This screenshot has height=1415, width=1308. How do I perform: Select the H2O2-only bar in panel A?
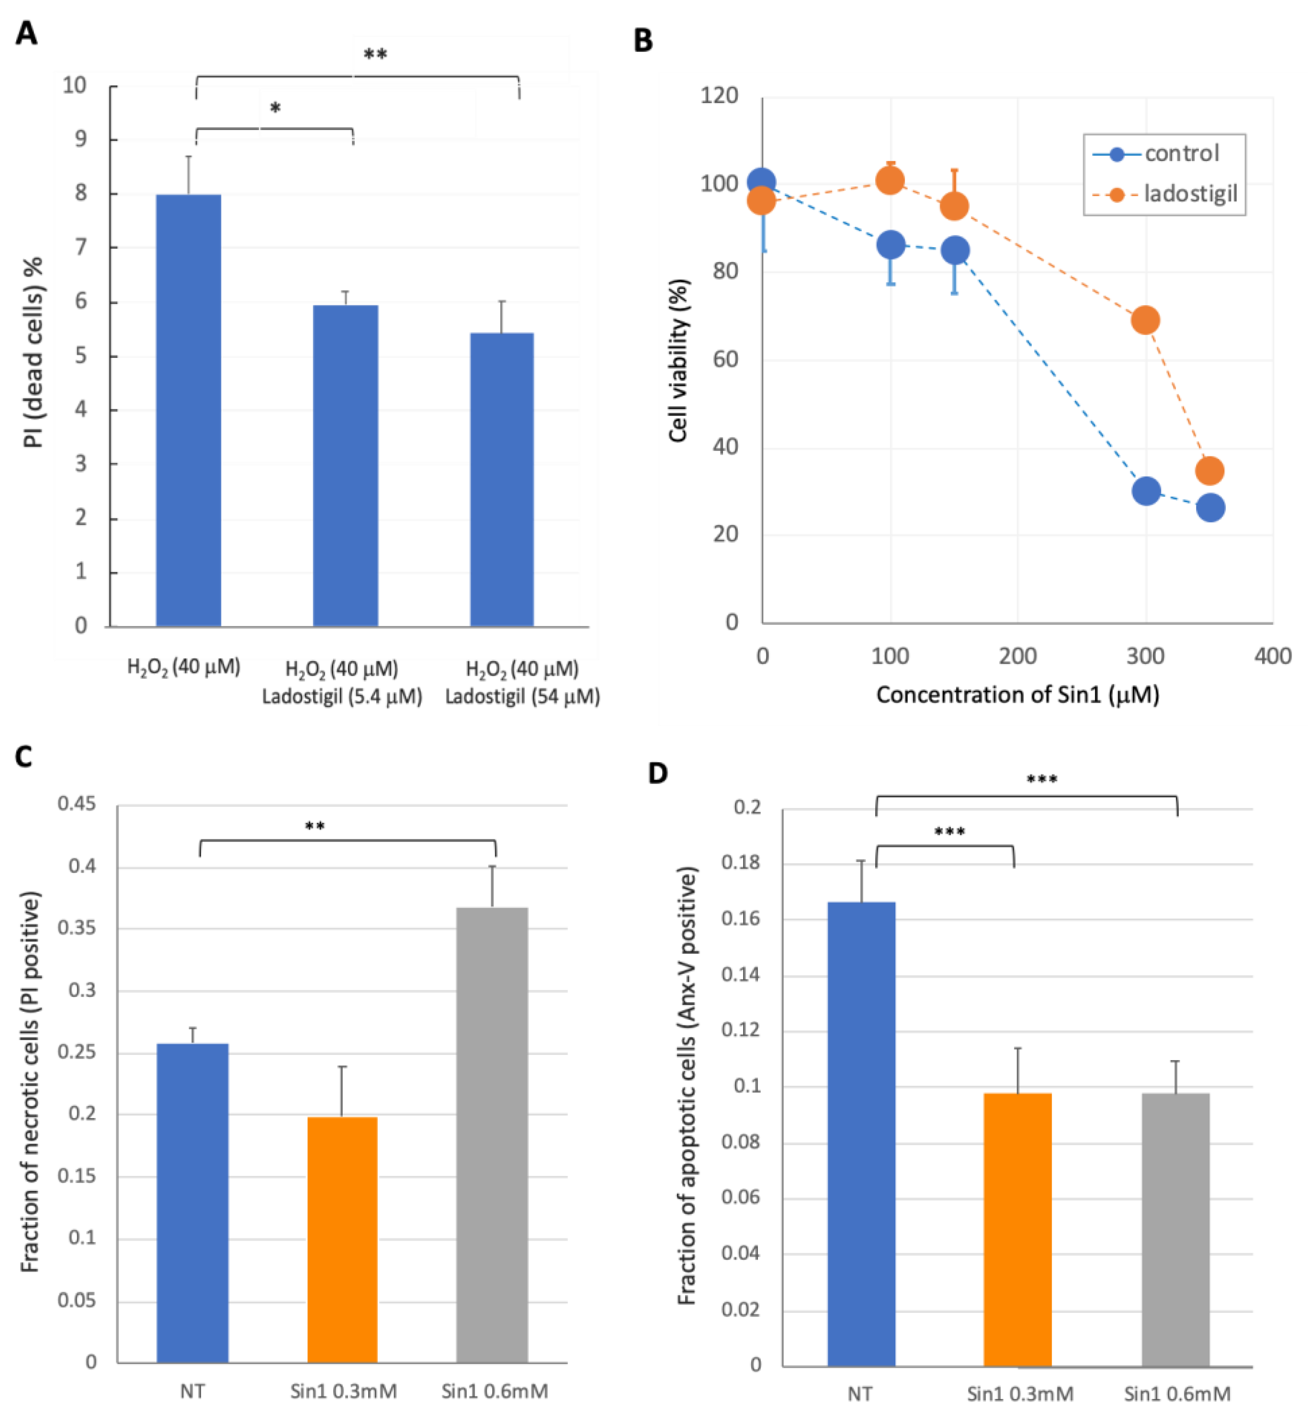(x=188, y=411)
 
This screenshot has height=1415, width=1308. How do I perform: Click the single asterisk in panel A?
(x=275, y=108)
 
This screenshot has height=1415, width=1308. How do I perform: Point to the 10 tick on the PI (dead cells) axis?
(x=75, y=86)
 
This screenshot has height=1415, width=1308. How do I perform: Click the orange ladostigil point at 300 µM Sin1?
(x=1145, y=320)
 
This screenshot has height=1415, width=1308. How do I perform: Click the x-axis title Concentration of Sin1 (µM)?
(x=1017, y=695)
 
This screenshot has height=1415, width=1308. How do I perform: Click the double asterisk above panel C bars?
(x=314, y=826)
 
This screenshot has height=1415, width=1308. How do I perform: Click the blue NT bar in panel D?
(x=861, y=1133)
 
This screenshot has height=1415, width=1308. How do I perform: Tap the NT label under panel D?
(x=859, y=1394)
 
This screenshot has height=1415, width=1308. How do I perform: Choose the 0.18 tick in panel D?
(x=740, y=863)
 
